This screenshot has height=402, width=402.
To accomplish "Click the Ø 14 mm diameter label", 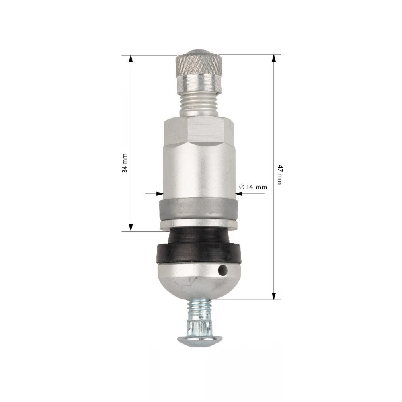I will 253,187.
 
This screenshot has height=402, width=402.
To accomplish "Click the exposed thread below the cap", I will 198,105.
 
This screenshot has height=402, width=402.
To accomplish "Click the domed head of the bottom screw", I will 198,341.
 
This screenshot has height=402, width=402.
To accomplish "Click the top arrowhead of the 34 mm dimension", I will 130,59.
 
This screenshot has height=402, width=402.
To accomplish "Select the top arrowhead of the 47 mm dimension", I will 274,58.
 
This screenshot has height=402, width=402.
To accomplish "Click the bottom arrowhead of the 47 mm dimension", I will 274,296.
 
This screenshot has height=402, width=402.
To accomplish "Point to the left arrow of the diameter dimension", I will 157,194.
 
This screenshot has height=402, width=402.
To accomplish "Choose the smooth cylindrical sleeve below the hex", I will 198,169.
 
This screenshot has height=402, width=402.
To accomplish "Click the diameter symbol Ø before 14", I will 242,187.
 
